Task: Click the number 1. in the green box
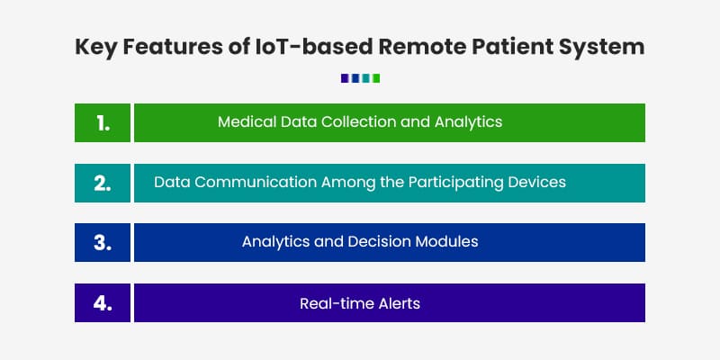click(x=103, y=123)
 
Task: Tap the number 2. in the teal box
click(x=103, y=183)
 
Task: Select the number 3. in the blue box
click(x=103, y=243)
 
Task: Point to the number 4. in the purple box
click(x=103, y=303)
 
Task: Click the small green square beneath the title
click(x=376, y=78)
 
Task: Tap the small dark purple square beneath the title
click(x=345, y=78)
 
